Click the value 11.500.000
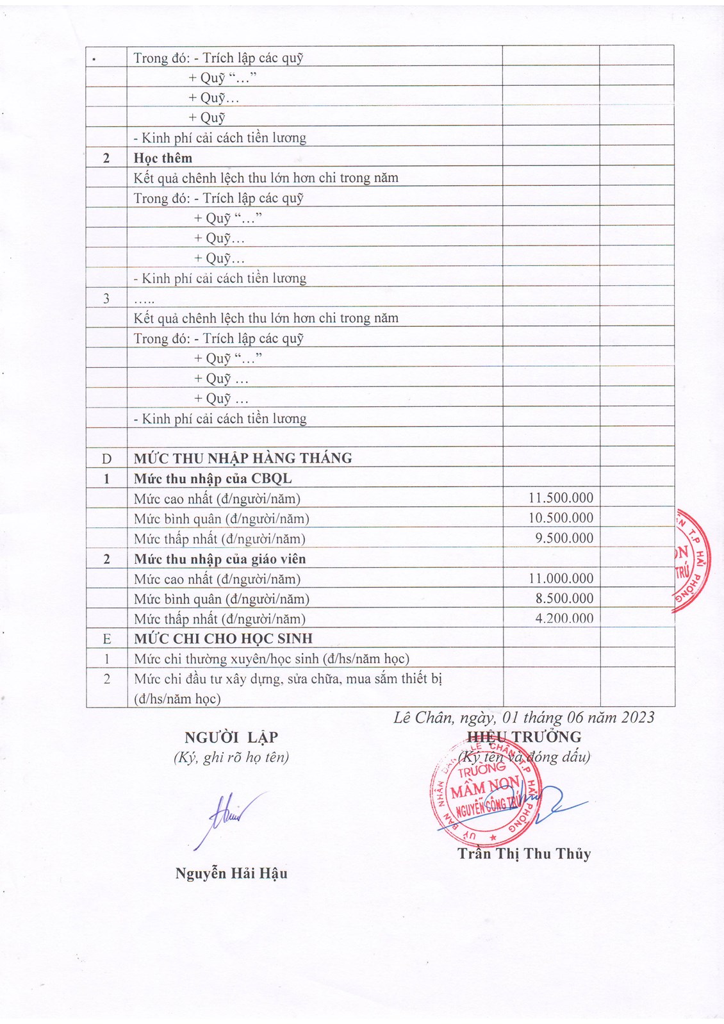click(561, 498)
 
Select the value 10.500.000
click(561, 518)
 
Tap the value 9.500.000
click(564, 538)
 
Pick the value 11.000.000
click(561, 579)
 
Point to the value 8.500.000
click(564, 599)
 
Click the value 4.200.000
click(564, 618)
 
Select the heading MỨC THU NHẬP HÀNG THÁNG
click(243, 458)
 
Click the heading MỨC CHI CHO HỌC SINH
click(223, 639)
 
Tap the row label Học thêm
click(163, 158)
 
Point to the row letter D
click(106, 459)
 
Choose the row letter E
click(106, 639)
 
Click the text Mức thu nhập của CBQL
click(213, 479)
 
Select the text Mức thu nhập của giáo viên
click(220, 559)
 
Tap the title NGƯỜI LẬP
click(231, 737)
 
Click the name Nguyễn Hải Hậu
click(231, 873)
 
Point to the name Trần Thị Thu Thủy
click(524, 854)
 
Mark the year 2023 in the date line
click(634, 717)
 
